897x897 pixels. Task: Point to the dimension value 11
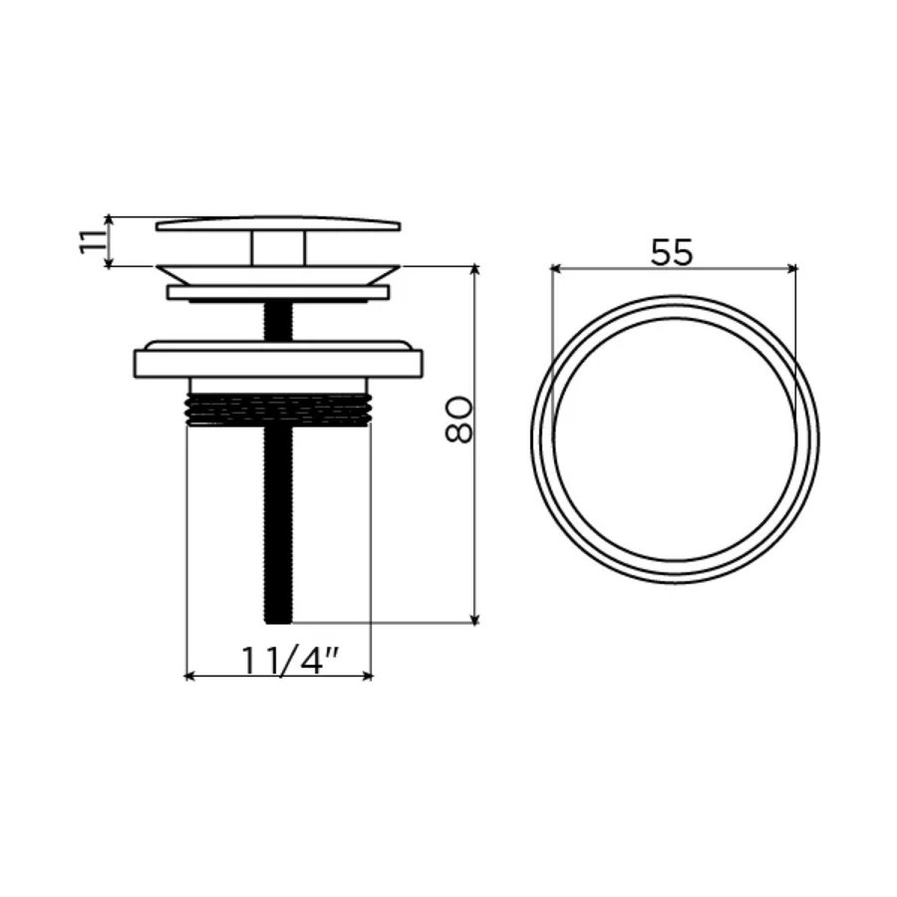click(x=92, y=241)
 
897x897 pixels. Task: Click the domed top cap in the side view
click(x=278, y=224)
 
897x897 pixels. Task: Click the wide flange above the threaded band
click(x=278, y=360)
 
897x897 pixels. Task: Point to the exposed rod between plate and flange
click(x=278, y=321)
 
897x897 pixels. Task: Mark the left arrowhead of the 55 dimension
click(x=555, y=268)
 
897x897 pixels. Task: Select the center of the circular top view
click(x=675, y=440)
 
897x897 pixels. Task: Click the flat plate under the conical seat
click(x=278, y=293)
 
